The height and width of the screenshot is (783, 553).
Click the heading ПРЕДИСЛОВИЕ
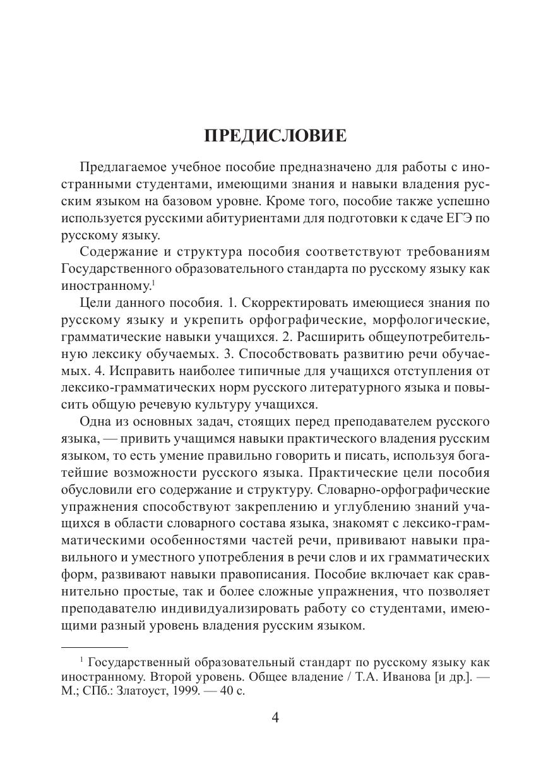[276, 136]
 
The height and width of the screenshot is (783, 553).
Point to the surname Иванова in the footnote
[404, 676]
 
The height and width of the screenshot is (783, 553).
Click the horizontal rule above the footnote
[95, 647]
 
